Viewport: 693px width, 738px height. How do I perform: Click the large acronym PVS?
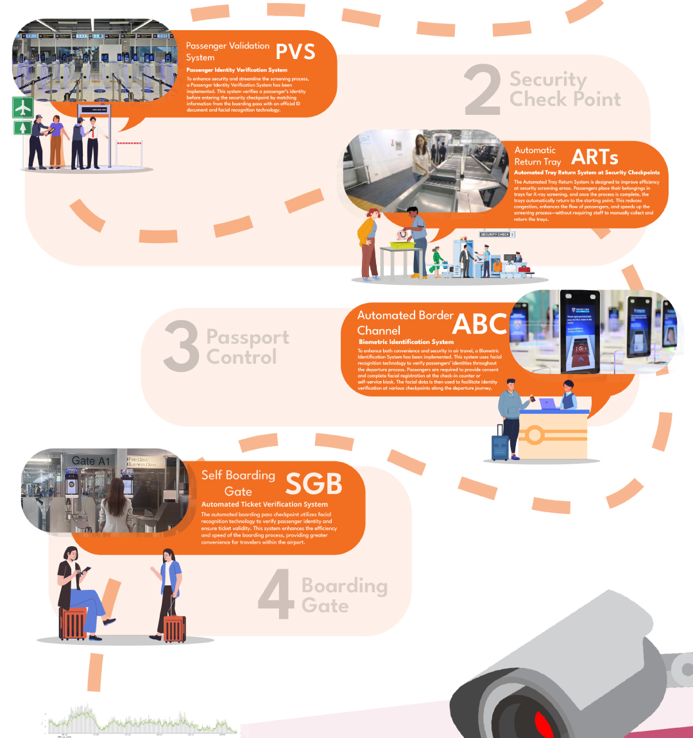click(295, 51)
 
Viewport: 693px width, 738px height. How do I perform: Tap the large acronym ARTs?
click(595, 157)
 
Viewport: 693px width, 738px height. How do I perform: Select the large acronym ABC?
click(480, 323)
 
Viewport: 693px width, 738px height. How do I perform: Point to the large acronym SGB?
click(313, 485)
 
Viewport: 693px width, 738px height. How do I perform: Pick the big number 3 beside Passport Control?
click(182, 347)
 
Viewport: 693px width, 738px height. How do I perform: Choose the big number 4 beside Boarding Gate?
click(276, 596)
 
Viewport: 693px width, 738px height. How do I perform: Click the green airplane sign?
click(23, 107)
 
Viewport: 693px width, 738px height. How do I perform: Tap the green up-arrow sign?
click(23, 128)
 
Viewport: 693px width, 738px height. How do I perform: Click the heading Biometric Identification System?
click(406, 342)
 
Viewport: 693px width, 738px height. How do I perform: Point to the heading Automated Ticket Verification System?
click(264, 504)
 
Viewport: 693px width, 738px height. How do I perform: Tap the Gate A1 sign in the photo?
click(90, 461)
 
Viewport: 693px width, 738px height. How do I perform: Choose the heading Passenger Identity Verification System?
click(237, 70)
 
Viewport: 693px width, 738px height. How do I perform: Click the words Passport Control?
click(247, 347)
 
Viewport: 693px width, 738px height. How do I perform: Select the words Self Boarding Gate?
click(238, 483)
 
